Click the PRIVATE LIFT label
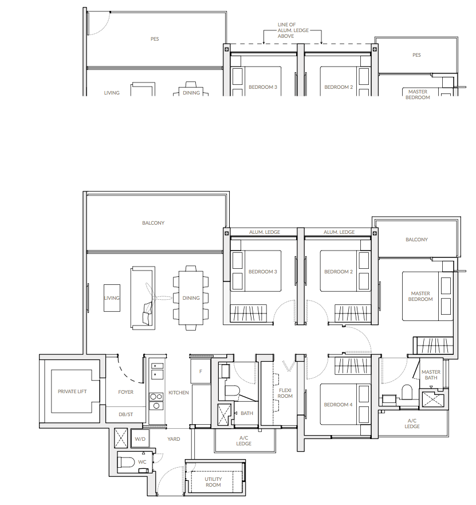pos(72,392)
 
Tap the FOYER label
pos(125,392)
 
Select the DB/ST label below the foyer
pos(125,414)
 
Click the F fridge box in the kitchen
pos(200,371)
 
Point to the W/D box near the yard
pos(140,439)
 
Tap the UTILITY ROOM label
pos(213,482)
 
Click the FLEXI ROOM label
pos(285,393)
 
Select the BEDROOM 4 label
pos(338,405)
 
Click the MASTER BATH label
pos(431,374)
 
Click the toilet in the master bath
pos(407,392)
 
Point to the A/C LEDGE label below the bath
pos(243,441)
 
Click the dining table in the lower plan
pos(191,298)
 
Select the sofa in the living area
pos(143,298)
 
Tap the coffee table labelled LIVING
pos(112,298)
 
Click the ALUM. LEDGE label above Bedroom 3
pos(265,232)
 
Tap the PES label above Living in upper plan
pos(155,39)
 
